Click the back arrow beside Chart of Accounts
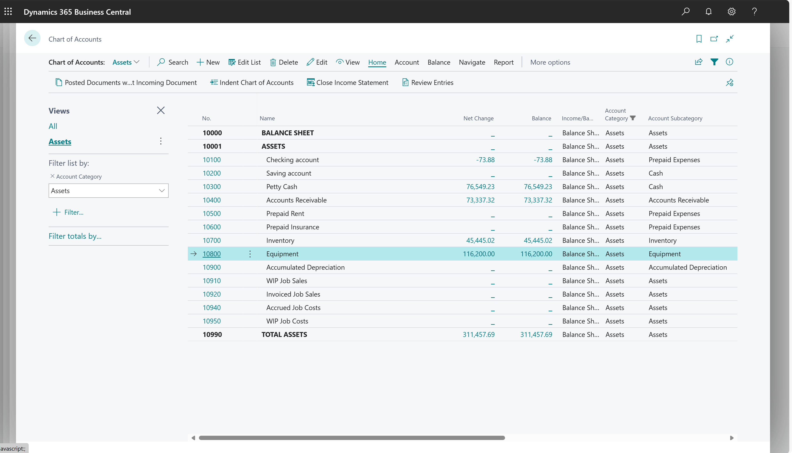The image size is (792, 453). click(x=32, y=38)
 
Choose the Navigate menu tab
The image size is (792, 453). click(x=472, y=62)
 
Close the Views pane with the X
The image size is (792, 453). click(x=161, y=111)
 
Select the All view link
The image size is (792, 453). click(x=53, y=126)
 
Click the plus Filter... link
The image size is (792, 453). click(x=68, y=212)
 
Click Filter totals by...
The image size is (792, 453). click(x=75, y=236)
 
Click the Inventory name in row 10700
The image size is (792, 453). click(x=280, y=240)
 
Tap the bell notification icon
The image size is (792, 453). click(x=708, y=12)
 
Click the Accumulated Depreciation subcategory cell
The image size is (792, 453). click(x=687, y=267)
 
